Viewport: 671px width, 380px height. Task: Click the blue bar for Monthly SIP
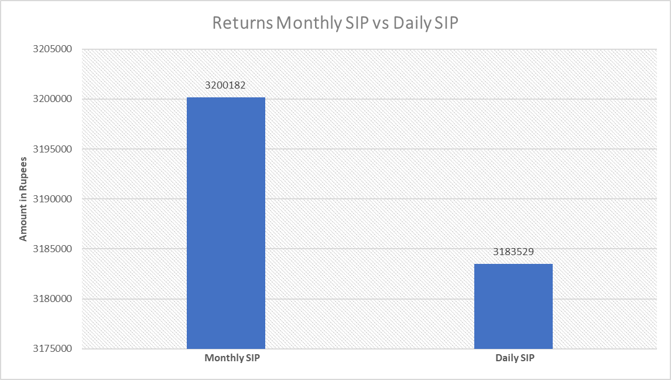(x=226, y=223)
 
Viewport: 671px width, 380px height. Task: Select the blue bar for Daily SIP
(x=513, y=306)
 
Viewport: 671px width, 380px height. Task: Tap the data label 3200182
(x=225, y=85)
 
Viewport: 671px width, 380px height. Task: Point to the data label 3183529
(x=513, y=252)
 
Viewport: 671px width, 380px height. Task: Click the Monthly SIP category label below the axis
(x=232, y=358)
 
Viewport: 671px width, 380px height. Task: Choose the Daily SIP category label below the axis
(x=515, y=358)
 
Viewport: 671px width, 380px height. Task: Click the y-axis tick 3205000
(x=52, y=49)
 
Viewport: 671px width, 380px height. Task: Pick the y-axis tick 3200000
(x=52, y=99)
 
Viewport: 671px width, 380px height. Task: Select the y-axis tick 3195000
(x=52, y=149)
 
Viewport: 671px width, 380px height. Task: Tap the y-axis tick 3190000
(x=52, y=199)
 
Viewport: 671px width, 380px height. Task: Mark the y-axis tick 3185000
(x=52, y=249)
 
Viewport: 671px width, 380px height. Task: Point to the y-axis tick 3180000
(x=52, y=298)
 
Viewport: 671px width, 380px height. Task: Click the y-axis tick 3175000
(x=52, y=349)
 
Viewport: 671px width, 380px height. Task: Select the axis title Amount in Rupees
(x=23, y=199)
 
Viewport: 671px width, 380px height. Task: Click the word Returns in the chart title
(x=242, y=23)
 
